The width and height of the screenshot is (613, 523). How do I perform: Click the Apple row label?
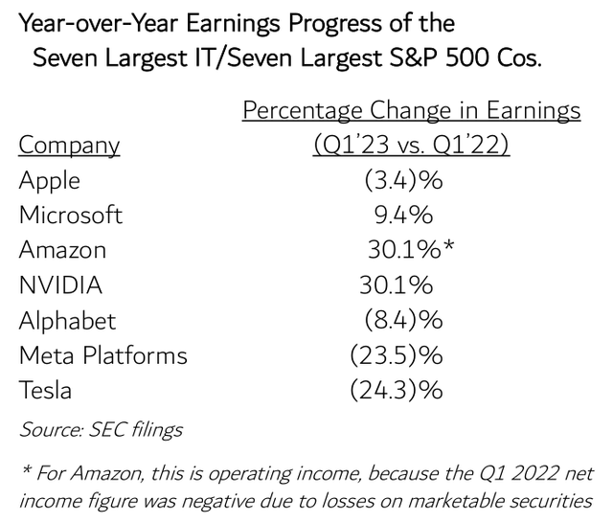coord(50,181)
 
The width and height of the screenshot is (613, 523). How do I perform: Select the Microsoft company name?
coord(71,216)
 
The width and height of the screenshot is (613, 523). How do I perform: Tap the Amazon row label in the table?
coord(62,250)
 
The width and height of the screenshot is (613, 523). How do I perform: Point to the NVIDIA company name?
coord(60,284)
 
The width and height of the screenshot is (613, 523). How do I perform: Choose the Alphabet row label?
coord(67,320)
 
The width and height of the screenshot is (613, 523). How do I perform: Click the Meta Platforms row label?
coord(103,355)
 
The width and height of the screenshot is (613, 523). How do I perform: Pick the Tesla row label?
coord(45,390)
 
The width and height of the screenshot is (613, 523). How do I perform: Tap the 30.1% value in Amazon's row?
coord(400,250)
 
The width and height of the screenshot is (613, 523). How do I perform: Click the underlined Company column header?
coord(70,146)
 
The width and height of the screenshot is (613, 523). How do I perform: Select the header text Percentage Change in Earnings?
coord(411,110)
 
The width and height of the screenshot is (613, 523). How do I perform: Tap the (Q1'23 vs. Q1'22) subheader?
coord(411,146)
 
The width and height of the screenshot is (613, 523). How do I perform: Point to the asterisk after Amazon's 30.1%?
coord(447,247)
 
